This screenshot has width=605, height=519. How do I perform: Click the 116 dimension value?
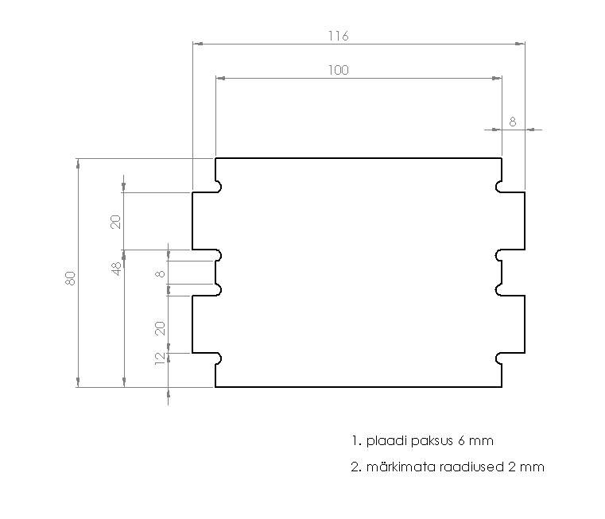[x=339, y=36]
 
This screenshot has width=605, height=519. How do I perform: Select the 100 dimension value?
[x=339, y=70]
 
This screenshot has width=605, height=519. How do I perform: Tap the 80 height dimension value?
[x=70, y=278]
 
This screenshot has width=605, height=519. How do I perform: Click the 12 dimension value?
[x=160, y=358]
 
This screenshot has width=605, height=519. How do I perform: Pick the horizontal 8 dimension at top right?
[x=513, y=122]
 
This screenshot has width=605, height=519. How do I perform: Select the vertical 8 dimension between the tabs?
[x=160, y=274]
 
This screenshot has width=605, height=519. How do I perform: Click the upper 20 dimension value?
[x=116, y=222]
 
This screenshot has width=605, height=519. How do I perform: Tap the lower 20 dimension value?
[x=160, y=328]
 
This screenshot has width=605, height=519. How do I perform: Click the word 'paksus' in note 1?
[x=432, y=440]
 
